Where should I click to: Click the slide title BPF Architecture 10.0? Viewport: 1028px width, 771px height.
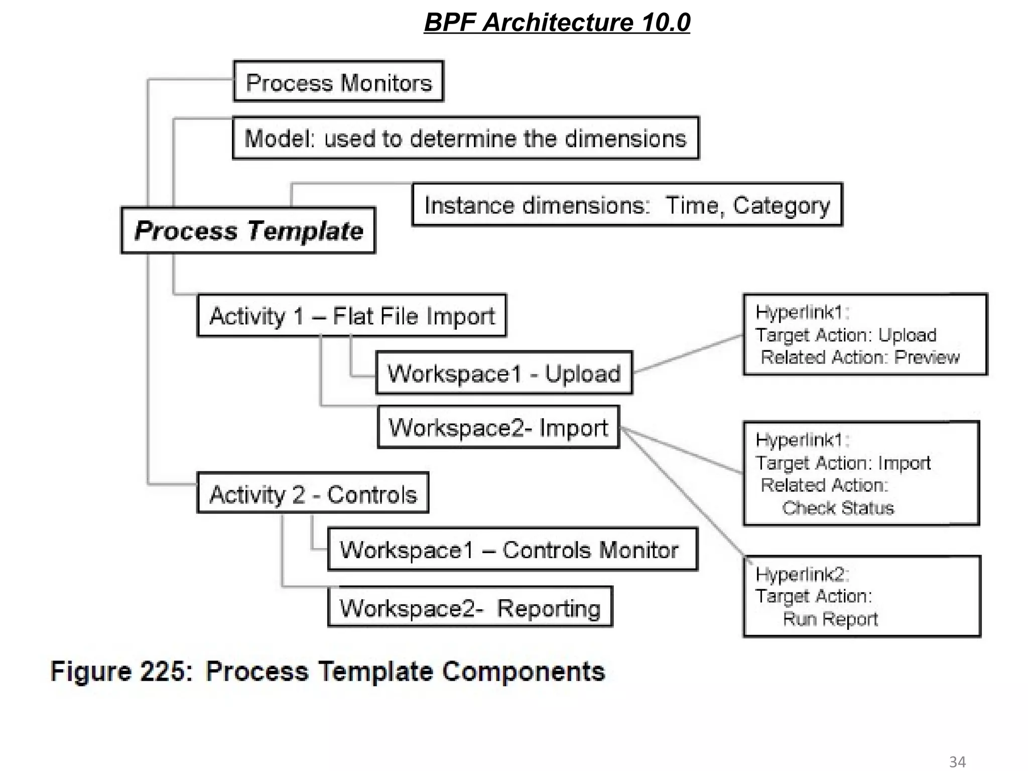557,23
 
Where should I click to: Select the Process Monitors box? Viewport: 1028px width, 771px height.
339,82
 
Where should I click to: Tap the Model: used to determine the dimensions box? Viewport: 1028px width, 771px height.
465,139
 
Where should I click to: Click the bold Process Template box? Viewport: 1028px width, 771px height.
248,231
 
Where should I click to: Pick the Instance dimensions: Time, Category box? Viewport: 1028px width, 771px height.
627,205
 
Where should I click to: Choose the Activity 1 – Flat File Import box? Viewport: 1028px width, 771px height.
352,316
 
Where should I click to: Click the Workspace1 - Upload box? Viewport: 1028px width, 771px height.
504,373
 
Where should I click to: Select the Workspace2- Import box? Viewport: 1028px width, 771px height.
498,428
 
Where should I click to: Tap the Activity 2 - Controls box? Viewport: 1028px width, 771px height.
313,494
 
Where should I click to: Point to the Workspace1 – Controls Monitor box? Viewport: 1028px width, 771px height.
512,550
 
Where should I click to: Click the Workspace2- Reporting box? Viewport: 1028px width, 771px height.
470,607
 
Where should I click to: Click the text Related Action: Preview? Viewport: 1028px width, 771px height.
860,357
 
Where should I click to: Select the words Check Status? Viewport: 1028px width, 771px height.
838,508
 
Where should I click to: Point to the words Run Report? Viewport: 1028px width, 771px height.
830,619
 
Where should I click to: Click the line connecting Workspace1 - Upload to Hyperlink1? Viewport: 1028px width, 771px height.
688,354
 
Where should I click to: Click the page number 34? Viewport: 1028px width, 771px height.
957,761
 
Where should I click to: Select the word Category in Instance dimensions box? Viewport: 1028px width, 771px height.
781,205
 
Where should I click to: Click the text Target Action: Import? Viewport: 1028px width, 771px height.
843,463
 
